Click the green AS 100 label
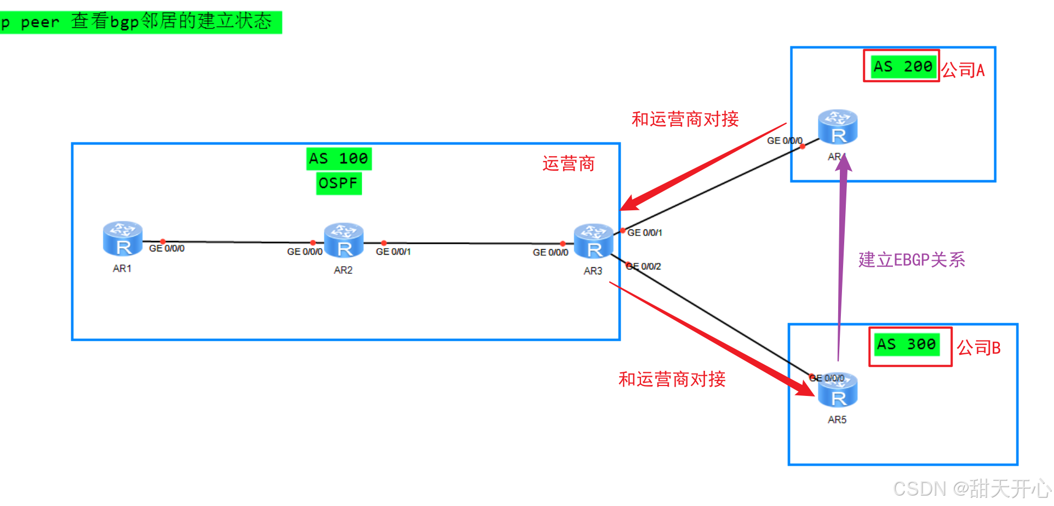click(339, 159)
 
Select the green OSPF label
click(339, 183)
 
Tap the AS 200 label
click(902, 66)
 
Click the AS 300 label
click(906, 344)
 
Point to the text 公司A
click(963, 70)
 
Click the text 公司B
click(978, 348)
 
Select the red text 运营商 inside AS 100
click(568, 163)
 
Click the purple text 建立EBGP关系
click(912, 260)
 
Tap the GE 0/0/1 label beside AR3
click(644, 233)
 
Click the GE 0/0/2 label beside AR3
click(644, 267)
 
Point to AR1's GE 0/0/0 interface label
click(167, 249)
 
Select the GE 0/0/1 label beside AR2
click(393, 252)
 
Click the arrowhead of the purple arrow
click(844, 163)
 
